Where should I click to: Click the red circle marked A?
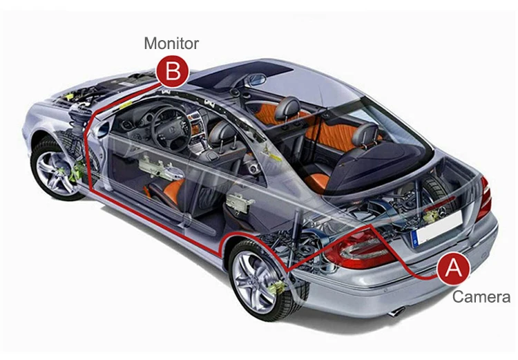click(453, 267)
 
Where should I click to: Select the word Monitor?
click(171, 44)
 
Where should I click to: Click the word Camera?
click(481, 297)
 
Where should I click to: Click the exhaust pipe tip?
click(395, 312)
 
